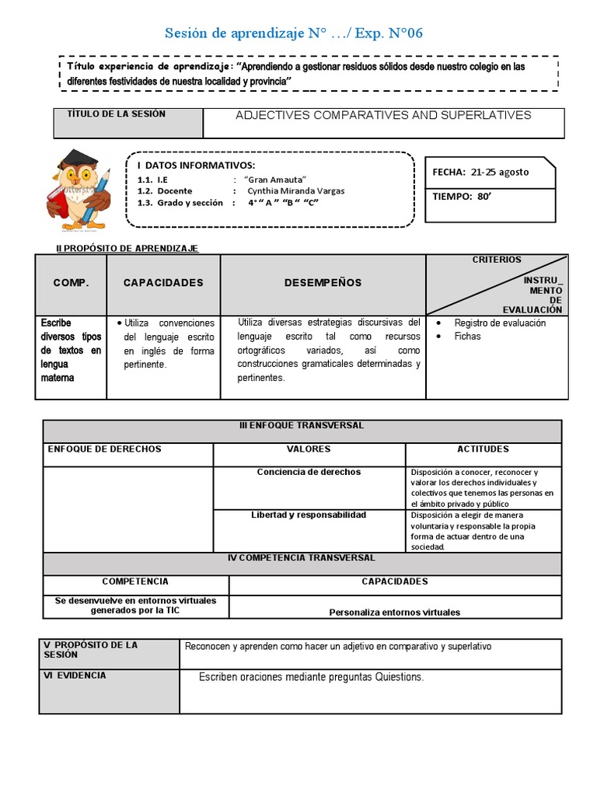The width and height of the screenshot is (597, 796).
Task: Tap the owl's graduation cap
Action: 68,160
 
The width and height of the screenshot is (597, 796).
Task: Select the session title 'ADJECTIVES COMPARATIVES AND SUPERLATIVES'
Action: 383,115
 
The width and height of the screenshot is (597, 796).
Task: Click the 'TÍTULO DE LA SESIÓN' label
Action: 117,114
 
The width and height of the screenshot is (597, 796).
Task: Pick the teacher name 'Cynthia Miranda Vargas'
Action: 296,190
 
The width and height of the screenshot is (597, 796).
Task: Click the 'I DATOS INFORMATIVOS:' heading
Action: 196,166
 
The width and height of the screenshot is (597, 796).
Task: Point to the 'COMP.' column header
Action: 72,283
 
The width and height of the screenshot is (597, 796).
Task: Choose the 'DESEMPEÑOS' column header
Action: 323,283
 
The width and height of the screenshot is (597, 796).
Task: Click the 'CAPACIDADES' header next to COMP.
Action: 163,283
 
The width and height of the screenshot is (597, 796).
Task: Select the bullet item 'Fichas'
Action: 468,337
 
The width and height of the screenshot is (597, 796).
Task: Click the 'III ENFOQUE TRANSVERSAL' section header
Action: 302,426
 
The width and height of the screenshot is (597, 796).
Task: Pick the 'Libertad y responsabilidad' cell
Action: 309,515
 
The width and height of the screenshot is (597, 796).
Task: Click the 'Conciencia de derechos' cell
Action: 309,472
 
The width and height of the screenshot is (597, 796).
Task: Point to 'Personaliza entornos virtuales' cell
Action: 394,612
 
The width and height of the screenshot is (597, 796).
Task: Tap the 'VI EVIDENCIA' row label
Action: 75,676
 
